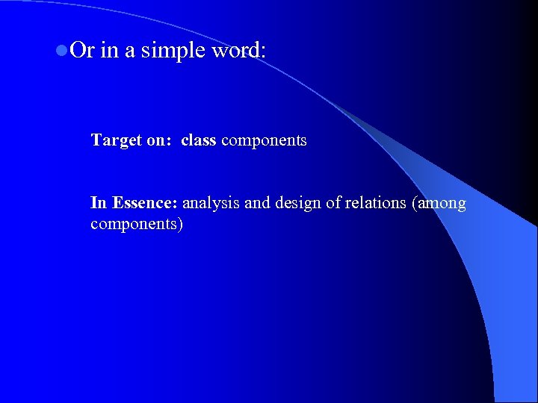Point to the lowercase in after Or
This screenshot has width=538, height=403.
pos(108,50)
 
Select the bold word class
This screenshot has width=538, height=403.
pos(198,140)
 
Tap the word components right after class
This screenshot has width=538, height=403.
pos(264,140)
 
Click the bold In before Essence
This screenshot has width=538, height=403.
pos(99,202)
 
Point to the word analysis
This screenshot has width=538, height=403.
pos(211,203)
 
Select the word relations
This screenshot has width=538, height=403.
pos(376,202)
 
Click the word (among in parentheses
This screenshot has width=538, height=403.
pos(439,203)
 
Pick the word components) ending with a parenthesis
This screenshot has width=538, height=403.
pos(137,224)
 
